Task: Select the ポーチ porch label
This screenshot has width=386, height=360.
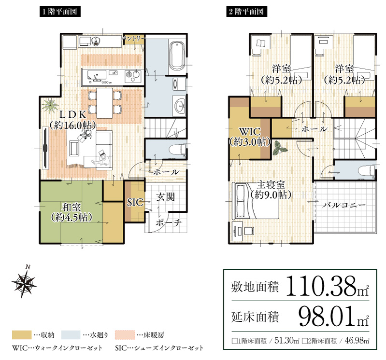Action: pyautogui.click(x=169, y=223)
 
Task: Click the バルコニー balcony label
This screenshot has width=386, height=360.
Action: pyautogui.click(x=344, y=205)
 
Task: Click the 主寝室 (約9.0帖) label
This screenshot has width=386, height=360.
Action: pyautogui.click(x=271, y=190)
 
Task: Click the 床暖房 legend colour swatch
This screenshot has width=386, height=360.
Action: pyautogui.click(x=125, y=334)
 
